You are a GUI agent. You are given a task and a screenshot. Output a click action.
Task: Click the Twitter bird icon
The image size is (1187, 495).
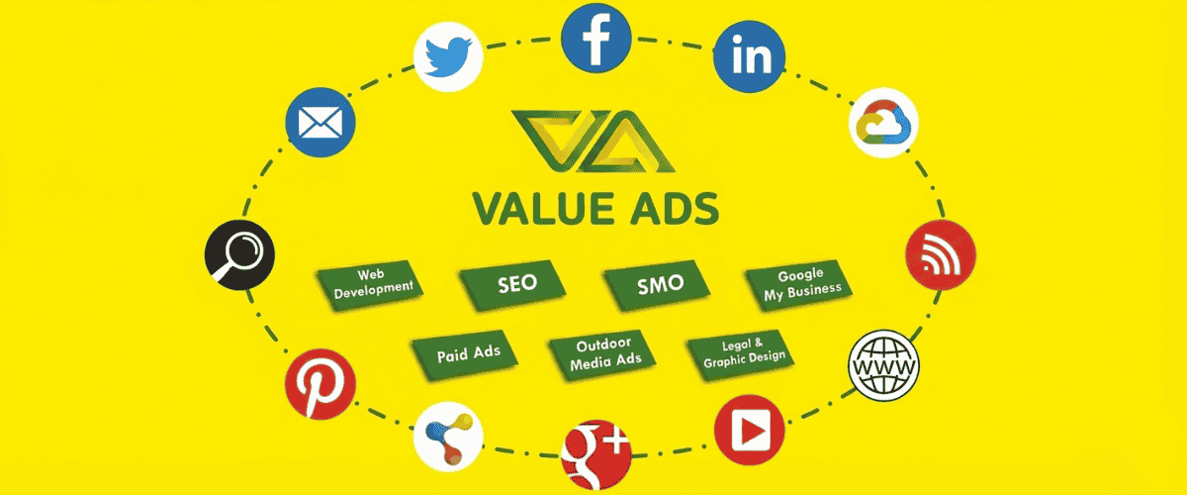click(x=448, y=57)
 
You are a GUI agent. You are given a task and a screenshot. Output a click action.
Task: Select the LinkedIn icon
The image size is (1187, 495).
click(x=750, y=56)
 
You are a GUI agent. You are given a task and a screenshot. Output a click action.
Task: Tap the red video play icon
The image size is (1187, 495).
click(x=749, y=433)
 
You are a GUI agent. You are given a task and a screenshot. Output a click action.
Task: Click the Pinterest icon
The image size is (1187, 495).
click(x=320, y=384)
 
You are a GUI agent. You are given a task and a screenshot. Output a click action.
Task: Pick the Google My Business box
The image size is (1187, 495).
click(x=800, y=282)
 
